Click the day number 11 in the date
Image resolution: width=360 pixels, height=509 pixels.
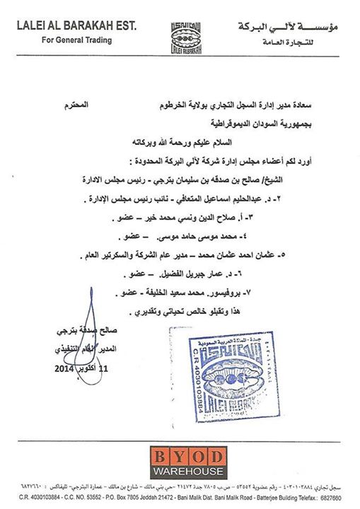(105, 369)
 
